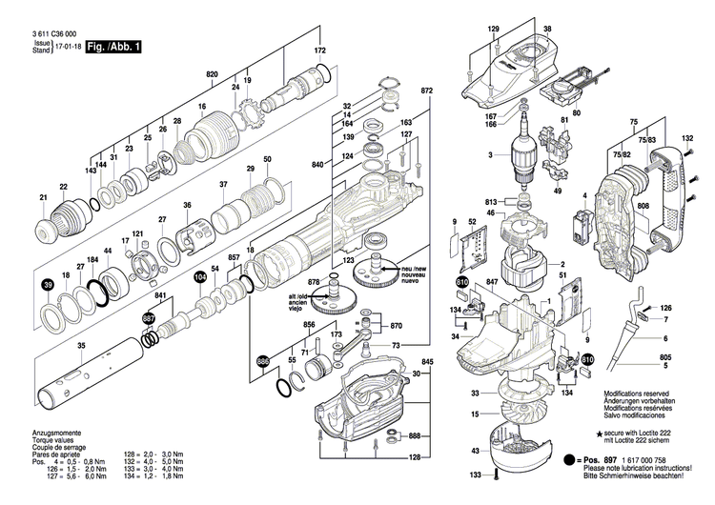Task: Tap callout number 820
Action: [x=212, y=73]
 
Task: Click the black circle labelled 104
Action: [x=199, y=277]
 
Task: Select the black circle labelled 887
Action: [x=149, y=318]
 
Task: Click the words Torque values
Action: [x=41, y=441]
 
